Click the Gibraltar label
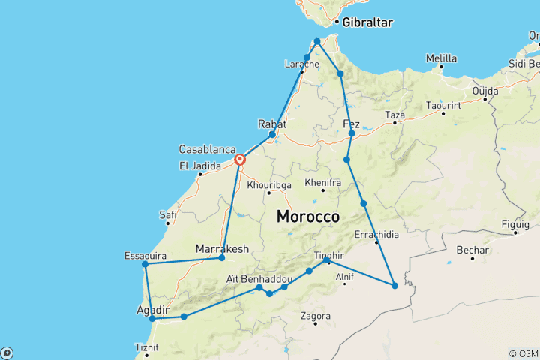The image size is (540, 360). (368, 22)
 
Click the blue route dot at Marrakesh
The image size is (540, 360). (221, 258)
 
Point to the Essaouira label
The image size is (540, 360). (145, 256)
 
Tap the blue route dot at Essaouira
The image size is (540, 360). (145, 264)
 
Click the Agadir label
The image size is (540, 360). (153, 309)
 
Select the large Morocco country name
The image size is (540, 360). (308, 216)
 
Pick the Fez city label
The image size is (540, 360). (351, 124)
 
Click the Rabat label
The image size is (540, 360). (271, 124)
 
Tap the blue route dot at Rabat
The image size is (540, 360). (272, 134)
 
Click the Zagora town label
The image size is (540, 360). (316, 316)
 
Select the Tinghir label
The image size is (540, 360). (329, 254)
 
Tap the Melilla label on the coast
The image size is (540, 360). (441, 58)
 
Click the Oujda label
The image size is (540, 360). (484, 91)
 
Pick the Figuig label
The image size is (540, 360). (517, 223)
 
